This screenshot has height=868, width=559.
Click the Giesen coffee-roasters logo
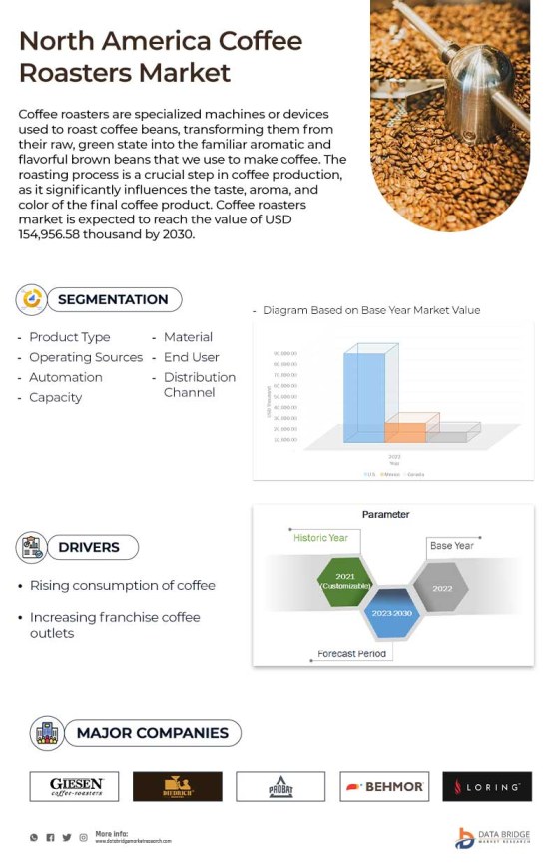tap(74, 786)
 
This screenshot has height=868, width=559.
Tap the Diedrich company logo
tap(178, 786)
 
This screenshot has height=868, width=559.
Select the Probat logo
tap(280, 786)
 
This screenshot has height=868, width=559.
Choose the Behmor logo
tap(384, 786)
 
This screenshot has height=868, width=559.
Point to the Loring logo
tap(487, 786)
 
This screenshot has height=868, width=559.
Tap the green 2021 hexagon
tap(345, 581)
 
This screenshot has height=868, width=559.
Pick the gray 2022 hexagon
tap(442, 588)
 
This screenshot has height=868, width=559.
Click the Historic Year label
tap(320, 538)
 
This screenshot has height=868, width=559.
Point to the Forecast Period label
tap(351, 653)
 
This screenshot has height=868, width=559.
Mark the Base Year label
tap(451, 546)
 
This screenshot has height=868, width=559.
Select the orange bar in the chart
tap(405, 430)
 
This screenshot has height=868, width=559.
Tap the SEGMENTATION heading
tap(112, 299)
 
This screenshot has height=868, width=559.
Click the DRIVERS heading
tap(88, 547)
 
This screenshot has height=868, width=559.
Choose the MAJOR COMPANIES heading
tap(152, 733)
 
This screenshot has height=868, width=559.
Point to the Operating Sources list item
tap(86, 357)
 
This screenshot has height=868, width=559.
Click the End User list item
tap(191, 357)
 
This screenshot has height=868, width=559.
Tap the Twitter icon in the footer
tap(67, 837)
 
